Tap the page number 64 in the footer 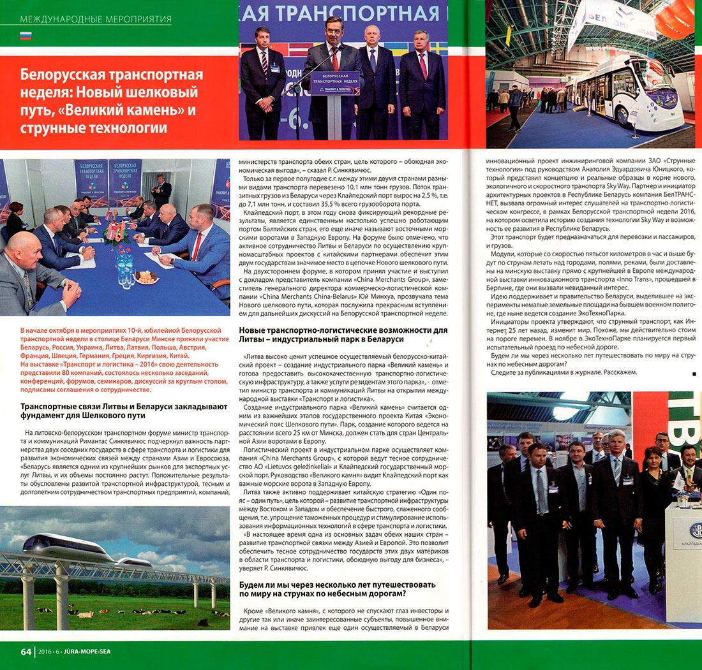(x=26, y=652)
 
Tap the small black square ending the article (x=694, y=373)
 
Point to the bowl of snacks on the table (x=147, y=277)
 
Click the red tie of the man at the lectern (x=335, y=59)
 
